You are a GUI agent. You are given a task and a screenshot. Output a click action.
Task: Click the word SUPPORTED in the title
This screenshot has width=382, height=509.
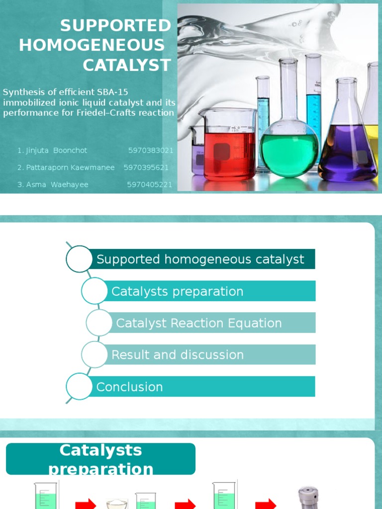point(115,25)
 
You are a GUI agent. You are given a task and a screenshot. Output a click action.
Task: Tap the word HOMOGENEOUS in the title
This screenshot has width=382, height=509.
point(92,45)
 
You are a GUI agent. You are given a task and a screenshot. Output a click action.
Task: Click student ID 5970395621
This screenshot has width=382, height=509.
point(146,168)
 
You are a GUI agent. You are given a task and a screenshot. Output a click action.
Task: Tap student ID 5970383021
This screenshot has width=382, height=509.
point(151,151)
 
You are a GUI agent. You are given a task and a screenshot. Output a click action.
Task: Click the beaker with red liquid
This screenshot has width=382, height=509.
point(229,152)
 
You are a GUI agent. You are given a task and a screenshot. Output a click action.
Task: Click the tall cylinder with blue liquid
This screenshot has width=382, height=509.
point(313,99)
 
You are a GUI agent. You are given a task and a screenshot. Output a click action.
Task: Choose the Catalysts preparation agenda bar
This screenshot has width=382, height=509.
point(199,291)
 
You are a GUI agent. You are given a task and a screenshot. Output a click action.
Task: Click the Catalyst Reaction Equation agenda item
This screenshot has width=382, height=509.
point(199,323)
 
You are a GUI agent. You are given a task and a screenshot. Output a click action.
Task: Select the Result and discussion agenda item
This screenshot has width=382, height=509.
point(199,354)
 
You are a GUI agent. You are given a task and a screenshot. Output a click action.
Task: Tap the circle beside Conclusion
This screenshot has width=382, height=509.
point(79,386)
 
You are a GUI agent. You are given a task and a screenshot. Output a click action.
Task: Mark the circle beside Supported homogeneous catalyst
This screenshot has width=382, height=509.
point(79,259)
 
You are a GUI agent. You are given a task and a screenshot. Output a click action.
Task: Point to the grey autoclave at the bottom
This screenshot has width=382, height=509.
point(308,498)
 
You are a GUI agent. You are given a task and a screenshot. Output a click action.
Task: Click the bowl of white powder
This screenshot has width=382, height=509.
point(117,504)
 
